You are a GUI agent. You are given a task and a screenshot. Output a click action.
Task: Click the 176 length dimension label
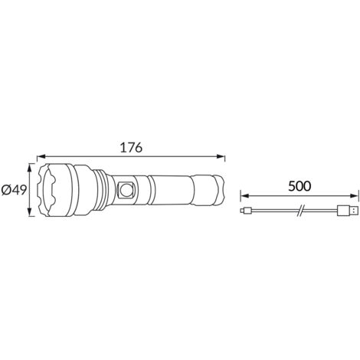tap(131, 147)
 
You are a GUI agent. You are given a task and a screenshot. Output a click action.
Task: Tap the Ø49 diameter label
tap(14, 190)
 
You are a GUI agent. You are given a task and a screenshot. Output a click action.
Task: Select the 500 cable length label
tap(299, 186)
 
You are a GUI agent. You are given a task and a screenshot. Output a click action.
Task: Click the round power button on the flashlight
tap(126, 190)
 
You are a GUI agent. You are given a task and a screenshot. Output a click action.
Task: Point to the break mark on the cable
tap(300, 211)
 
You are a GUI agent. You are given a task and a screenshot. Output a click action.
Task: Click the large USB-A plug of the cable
tap(348, 211)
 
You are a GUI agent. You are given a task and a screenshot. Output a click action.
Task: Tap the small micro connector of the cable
tap(246, 211)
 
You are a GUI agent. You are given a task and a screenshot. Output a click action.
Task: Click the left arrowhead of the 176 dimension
tap(41, 156)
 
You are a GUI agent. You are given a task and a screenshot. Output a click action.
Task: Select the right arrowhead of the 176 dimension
tap(221, 156)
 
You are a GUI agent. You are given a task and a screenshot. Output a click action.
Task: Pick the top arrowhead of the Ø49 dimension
tap(30, 168)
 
